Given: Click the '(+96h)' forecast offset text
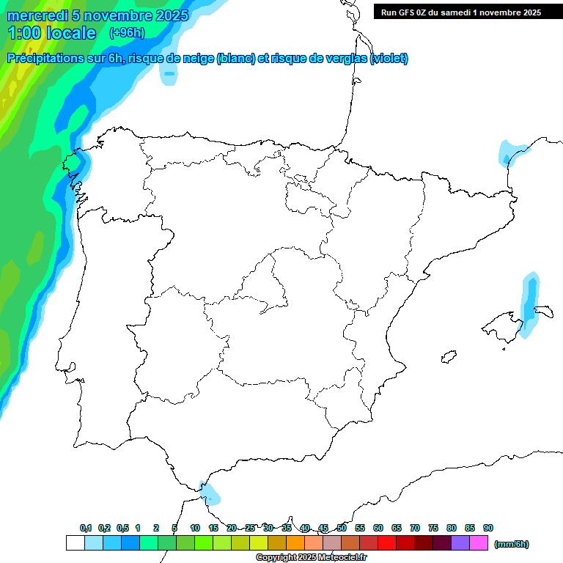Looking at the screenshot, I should pos(127,32).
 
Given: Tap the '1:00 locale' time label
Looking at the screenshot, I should pos(51,33).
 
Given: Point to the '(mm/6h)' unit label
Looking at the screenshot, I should pos(511,544).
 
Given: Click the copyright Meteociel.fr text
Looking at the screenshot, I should pos(311,558).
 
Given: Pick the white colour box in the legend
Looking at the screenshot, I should pos(75,543).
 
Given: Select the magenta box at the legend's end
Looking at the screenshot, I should pos(479,543).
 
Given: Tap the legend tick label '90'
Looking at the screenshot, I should pos(488,528).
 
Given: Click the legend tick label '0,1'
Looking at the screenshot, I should pos(86,528).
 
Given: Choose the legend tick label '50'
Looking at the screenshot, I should pos(342,528).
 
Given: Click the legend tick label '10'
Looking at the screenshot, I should pos(195,528).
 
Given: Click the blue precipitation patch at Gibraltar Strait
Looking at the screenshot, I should pos(210,493).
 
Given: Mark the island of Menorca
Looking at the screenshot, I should pos(545,312).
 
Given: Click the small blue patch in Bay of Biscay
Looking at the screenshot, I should pos(169,73).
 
